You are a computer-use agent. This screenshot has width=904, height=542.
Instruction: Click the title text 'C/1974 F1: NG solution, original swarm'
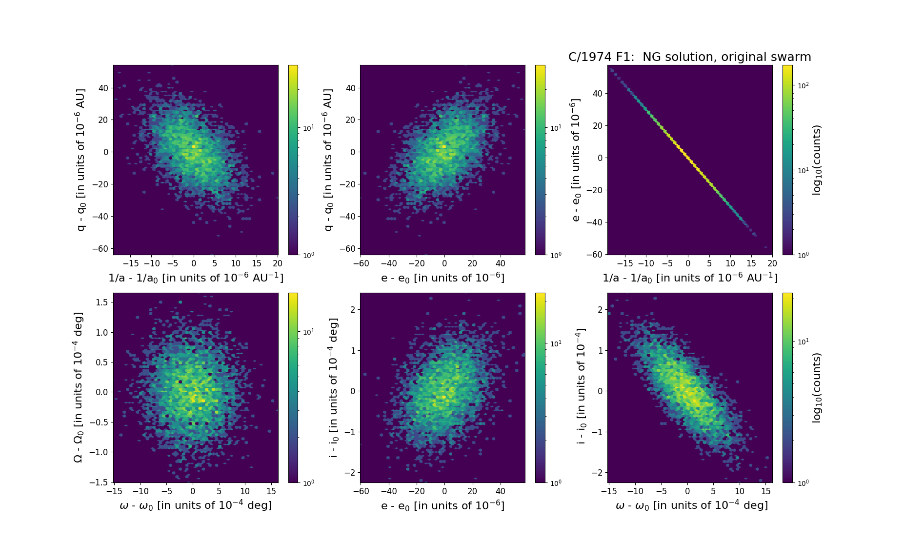click(689, 57)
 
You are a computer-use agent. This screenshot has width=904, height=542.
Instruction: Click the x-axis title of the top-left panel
click(196, 278)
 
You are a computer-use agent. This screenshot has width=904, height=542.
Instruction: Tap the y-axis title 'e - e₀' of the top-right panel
click(576, 160)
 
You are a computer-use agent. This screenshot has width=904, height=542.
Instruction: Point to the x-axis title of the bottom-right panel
click(691, 505)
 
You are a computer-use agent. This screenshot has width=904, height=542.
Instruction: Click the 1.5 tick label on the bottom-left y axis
click(101, 302)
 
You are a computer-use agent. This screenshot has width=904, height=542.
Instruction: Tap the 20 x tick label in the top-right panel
click(772, 263)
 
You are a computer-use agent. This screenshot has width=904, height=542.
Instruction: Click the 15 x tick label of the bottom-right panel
click(766, 491)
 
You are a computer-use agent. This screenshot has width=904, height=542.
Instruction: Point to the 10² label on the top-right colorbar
click(803, 85)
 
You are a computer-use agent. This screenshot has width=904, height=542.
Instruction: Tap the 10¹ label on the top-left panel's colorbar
click(309, 128)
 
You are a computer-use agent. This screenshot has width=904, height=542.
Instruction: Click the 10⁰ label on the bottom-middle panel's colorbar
click(556, 483)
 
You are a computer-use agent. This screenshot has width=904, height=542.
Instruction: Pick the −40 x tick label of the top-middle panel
click(389, 263)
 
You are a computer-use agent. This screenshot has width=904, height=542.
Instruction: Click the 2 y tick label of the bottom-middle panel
click(352, 309)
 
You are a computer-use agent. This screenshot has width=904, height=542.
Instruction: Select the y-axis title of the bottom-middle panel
click(334, 387)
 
